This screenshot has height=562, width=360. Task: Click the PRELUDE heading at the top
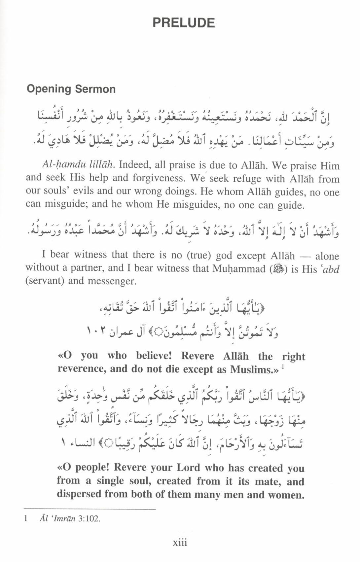pyautogui.click(x=184, y=22)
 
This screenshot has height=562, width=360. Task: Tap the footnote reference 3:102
pyautogui.click(x=89, y=519)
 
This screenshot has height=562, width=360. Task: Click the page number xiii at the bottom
pyautogui.click(x=180, y=543)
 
